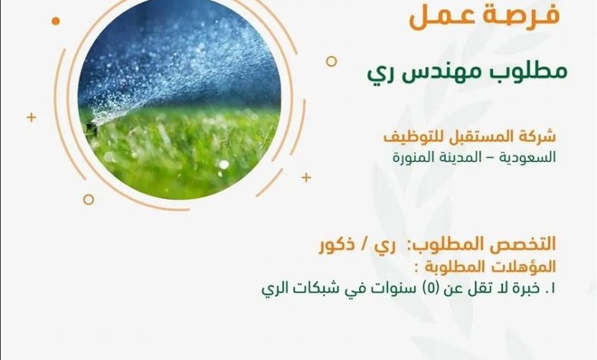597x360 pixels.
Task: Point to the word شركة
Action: (x=540, y=136)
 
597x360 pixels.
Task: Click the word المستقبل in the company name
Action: (x=486, y=136)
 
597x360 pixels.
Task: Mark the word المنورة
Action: (x=412, y=157)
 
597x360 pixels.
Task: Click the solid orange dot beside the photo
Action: (x=56, y=21)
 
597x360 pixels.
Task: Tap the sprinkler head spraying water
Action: (x=91, y=129)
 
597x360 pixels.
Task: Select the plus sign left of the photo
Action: (x=31, y=117)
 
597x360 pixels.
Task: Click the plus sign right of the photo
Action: (x=306, y=178)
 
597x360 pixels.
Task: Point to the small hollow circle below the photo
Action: (x=88, y=199)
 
